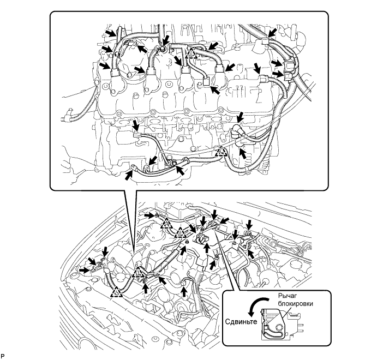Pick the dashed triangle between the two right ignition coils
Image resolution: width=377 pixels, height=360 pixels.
pyautogui.click(x=190, y=53)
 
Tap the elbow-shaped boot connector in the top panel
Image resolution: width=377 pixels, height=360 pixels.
pyautogui.click(x=238, y=131)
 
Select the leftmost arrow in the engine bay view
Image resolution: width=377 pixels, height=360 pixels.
pyautogui.click(x=84, y=268)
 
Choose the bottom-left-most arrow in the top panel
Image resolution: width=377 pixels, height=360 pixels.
pyautogui.click(x=129, y=175)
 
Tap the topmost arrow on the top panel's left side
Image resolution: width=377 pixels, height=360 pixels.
pyautogui.click(x=111, y=33)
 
